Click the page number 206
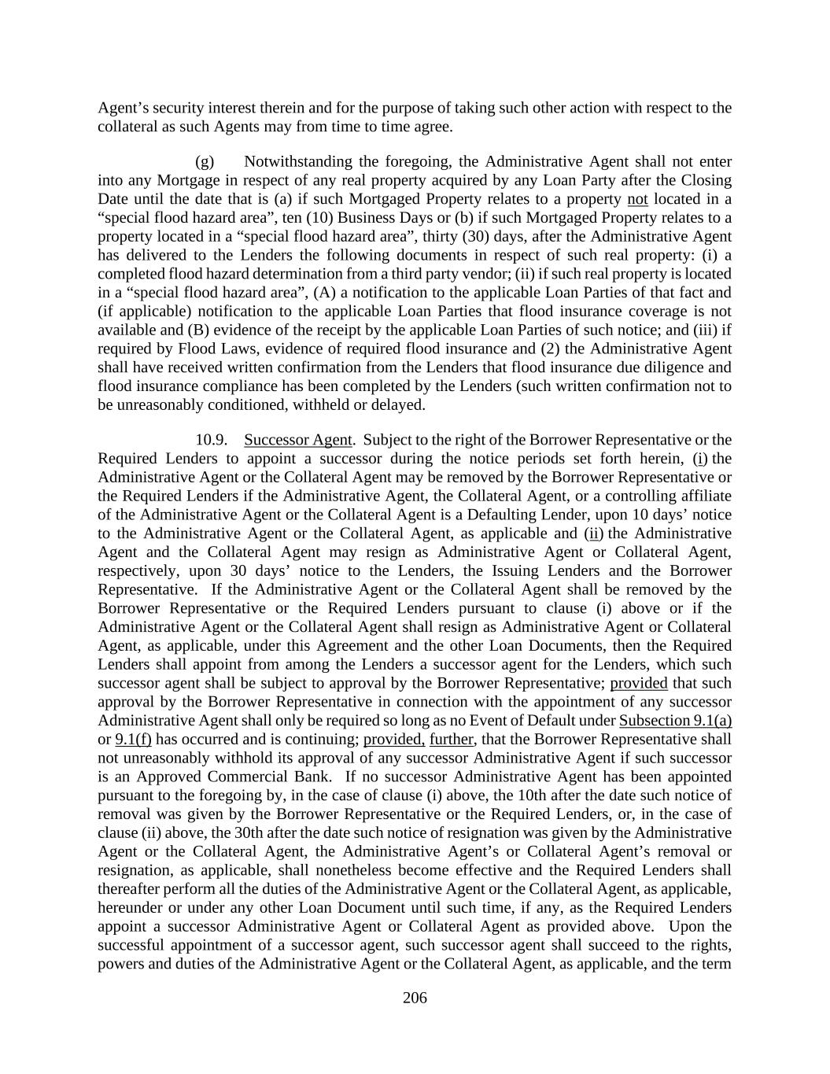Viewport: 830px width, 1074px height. (x=415, y=998)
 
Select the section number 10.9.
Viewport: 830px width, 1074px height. (x=212, y=439)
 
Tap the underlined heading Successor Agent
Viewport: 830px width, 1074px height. (x=298, y=439)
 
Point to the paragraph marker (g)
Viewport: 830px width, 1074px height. (x=205, y=161)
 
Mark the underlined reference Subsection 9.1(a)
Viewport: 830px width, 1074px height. (x=675, y=721)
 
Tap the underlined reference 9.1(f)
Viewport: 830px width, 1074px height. (x=133, y=740)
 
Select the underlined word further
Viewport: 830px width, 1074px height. (x=452, y=740)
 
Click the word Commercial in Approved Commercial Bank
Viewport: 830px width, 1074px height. (x=223, y=777)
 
